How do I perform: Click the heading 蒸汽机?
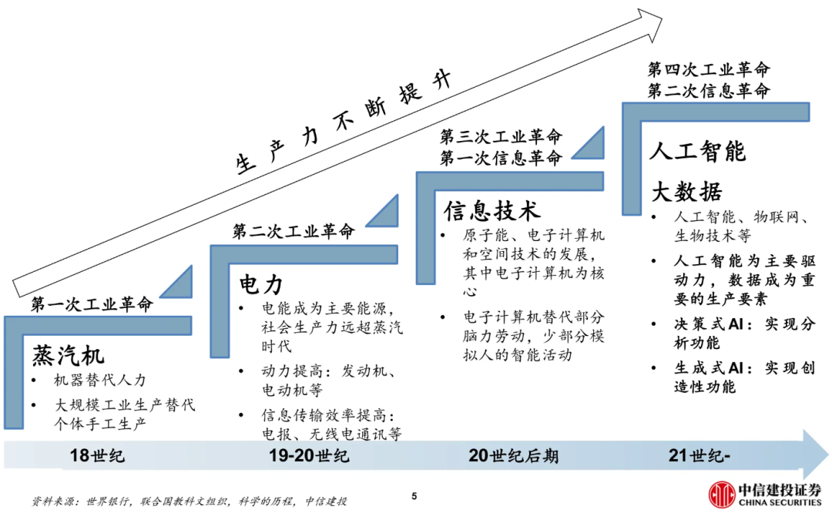[x=68, y=355]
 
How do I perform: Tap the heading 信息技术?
[x=491, y=210]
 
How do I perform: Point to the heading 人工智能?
[x=697, y=151]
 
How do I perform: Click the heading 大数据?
[x=687, y=192]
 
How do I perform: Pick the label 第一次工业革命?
[x=92, y=304]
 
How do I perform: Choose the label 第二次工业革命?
[x=293, y=231]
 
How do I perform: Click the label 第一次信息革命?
[x=501, y=158]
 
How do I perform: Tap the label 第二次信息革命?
[x=708, y=90]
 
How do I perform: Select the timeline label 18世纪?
[x=97, y=455]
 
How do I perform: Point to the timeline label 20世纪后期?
[x=513, y=455]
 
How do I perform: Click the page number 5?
[x=414, y=496]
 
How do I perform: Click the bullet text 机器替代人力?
[x=99, y=381]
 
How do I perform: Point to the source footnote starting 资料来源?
[x=189, y=501]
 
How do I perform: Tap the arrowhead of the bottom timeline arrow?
[x=815, y=454]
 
